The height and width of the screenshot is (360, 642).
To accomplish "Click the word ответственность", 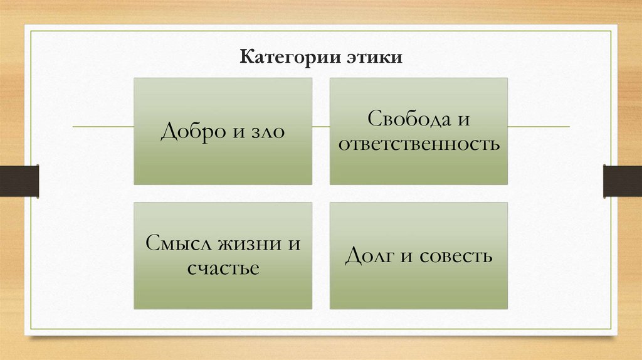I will [x=419, y=145].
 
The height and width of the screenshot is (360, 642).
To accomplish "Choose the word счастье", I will [x=223, y=269].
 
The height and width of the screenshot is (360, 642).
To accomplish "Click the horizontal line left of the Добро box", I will [x=103, y=127].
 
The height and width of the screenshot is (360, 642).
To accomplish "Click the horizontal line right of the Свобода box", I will [x=539, y=127].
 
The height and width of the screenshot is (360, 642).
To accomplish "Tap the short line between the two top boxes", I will [x=321, y=127].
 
